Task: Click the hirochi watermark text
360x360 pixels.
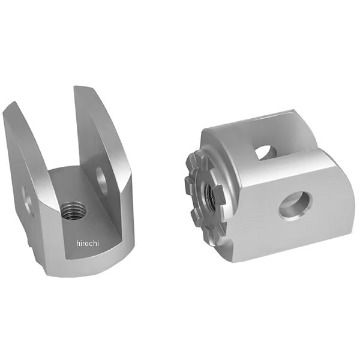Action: pos(88,244)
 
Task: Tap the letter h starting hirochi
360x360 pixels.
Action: pos(78,244)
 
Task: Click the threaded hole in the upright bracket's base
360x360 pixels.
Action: pos(73,211)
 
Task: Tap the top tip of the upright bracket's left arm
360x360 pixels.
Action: pos(15,102)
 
